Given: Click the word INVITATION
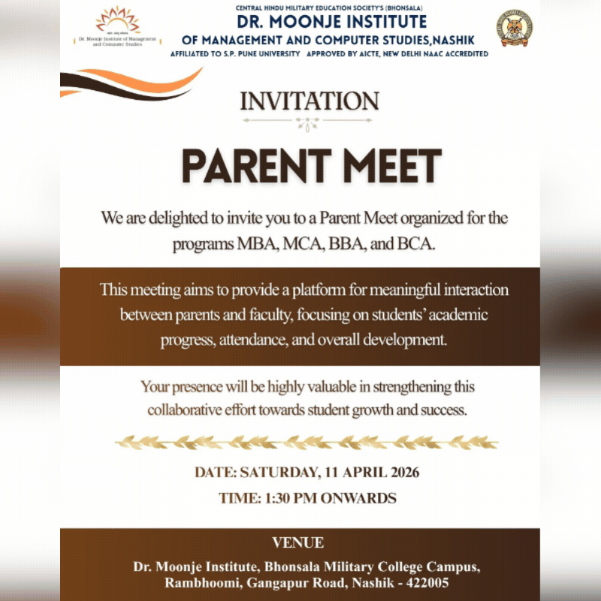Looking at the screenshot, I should [x=310, y=101].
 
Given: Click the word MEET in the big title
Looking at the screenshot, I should [x=391, y=166].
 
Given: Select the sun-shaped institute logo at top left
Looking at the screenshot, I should [x=116, y=21].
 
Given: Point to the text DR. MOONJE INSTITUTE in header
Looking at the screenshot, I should [x=331, y=23].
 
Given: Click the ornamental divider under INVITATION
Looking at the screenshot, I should [x=310, y=121].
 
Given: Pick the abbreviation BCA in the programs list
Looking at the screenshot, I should [x=416, y=245].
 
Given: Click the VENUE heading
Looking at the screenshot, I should [x=298, y=542].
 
